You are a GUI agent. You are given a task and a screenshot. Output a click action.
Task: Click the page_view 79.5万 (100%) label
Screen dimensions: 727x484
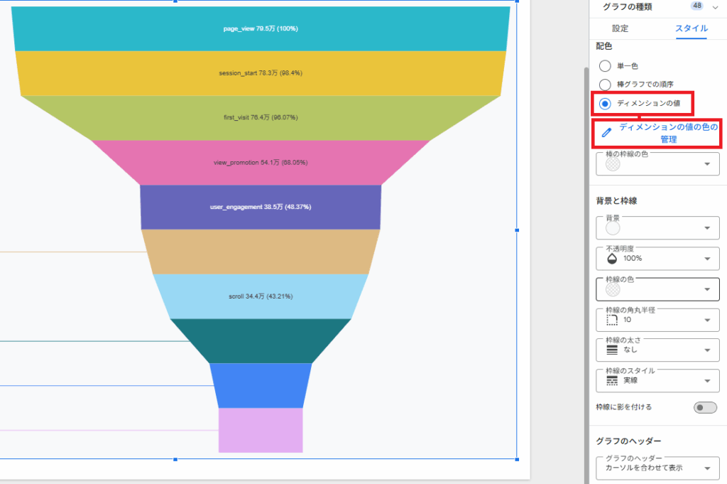261,28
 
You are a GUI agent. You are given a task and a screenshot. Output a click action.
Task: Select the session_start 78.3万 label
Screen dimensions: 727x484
261,73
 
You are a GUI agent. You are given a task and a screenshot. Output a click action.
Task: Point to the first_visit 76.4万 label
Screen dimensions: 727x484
261,117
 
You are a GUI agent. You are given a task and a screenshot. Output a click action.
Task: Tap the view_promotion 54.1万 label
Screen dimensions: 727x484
261,163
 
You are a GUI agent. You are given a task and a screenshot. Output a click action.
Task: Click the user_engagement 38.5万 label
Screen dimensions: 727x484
261,207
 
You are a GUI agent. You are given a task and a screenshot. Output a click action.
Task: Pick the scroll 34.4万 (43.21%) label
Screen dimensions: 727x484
261,296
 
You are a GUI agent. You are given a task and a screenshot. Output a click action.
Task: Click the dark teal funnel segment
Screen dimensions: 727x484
261,340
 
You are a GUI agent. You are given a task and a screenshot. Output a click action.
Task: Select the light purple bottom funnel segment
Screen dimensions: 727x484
261,430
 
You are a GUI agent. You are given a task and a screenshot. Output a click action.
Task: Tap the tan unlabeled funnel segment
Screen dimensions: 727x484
261,252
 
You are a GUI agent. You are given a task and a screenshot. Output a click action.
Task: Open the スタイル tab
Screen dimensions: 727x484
692,28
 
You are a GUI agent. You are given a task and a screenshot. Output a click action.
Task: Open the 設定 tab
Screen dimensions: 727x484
620,28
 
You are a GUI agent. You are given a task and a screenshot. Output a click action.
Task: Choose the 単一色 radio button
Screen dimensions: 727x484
605,66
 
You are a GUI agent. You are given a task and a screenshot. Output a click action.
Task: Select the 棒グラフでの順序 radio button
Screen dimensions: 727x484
605,85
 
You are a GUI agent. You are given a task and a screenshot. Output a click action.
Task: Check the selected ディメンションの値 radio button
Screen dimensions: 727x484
605,104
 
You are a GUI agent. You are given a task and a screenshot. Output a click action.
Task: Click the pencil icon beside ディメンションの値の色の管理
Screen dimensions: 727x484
606,133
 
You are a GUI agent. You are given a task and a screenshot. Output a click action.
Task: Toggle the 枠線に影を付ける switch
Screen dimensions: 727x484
705,407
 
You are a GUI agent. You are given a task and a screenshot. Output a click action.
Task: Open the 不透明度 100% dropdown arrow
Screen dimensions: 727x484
707,259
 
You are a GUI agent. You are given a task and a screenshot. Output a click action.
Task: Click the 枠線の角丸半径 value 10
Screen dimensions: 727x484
627,320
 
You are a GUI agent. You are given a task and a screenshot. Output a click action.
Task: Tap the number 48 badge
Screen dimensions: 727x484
697,6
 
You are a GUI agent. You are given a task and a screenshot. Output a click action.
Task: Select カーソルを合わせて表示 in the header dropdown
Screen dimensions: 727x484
644,468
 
